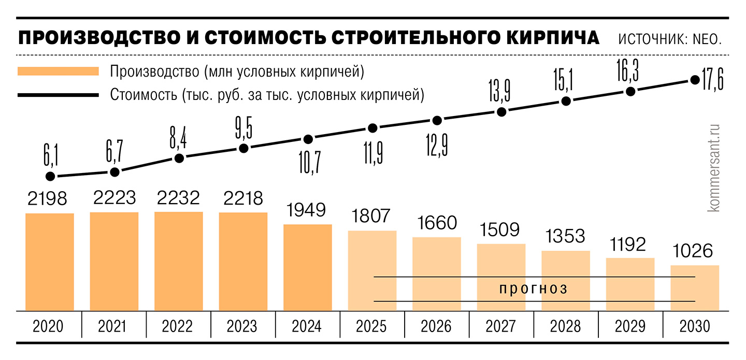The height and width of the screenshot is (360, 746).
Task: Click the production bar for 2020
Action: (50, 262)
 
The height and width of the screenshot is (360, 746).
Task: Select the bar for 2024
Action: (307, 267)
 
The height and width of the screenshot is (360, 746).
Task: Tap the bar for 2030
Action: (695, 288)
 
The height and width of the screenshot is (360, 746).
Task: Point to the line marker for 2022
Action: (179, 159)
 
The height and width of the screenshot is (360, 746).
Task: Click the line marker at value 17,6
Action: (695, 80)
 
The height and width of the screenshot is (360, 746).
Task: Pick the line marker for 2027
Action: (501, 112)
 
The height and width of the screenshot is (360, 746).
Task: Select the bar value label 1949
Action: (307, 210)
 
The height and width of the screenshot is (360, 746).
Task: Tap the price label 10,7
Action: (309, 162)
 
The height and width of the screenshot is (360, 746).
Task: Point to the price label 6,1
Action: (50, 154)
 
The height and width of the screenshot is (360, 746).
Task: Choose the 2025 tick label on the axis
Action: (371, 327)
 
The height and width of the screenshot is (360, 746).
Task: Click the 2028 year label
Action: (566, 327)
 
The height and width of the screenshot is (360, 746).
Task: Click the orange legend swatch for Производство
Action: (58, 71)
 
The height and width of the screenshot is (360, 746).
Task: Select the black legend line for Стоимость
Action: (58, 95)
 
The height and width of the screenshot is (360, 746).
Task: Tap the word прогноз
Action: (534, 289)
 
